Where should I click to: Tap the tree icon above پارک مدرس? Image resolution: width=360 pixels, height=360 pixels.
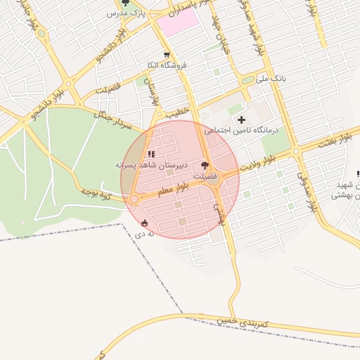[x=125, y=3]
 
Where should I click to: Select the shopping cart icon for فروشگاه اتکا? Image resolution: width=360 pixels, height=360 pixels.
[x=166, y=54]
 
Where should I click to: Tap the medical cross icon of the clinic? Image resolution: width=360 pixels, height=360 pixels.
[x=242, y=120]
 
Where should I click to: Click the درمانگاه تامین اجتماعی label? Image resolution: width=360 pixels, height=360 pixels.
[x=241, y=130]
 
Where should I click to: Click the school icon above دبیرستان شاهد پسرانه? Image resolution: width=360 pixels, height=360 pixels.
[x=150, y=154]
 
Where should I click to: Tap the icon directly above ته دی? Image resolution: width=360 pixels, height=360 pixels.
[x=145, y=223]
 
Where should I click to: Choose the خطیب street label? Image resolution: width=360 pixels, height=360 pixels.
[x=178, y=112]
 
